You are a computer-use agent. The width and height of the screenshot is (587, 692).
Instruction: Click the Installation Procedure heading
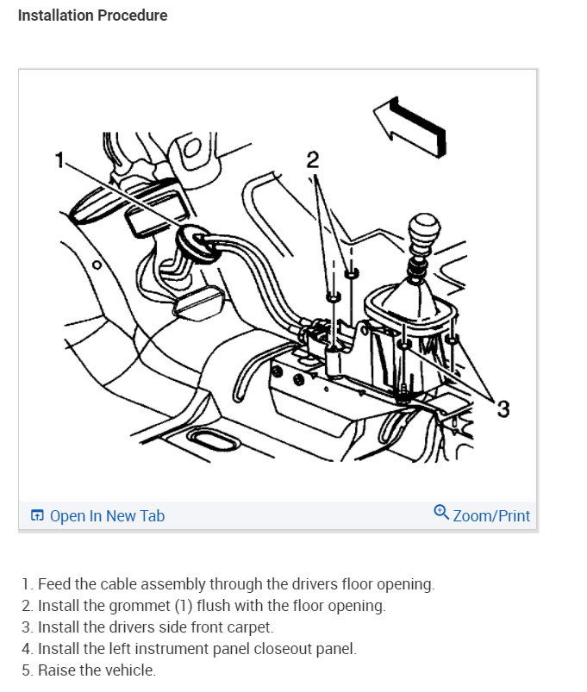[93, 16]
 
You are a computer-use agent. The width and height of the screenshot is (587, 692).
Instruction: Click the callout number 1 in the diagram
[59, 159]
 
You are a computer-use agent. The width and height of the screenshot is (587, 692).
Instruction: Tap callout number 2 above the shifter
[313, 159]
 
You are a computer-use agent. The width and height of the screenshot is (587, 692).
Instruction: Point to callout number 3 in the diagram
[503, 408]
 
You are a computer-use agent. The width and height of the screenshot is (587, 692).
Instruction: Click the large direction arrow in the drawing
[410, 127]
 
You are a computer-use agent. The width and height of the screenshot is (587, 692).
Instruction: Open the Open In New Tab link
[97, 515]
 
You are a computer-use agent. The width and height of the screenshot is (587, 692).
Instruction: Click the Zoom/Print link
[491, 515]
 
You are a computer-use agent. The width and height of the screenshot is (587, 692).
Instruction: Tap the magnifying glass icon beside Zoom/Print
[441, 512]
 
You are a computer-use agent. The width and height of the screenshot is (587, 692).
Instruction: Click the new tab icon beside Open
[37, 515]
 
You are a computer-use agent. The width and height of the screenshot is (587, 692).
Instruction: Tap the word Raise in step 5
[57, 670]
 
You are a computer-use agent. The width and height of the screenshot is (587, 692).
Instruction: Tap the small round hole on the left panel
[97, 265]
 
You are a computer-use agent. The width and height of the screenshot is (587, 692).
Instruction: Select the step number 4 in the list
[26, 649]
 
